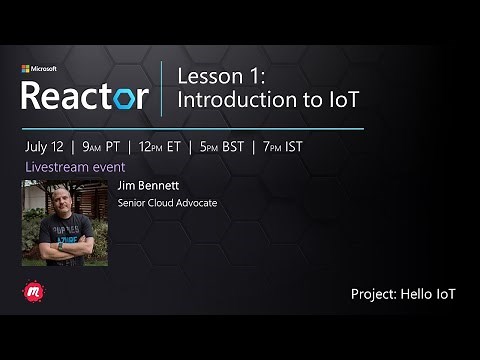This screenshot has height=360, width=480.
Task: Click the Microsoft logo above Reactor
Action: click(39, 69)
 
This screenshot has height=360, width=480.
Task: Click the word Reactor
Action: click(85, 96)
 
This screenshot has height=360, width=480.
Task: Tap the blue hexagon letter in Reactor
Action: click(126, 97)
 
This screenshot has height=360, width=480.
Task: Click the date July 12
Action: click(46, 145)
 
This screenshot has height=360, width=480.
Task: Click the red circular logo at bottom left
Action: click(31, 292)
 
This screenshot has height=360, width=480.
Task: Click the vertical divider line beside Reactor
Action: click(162, 87)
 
